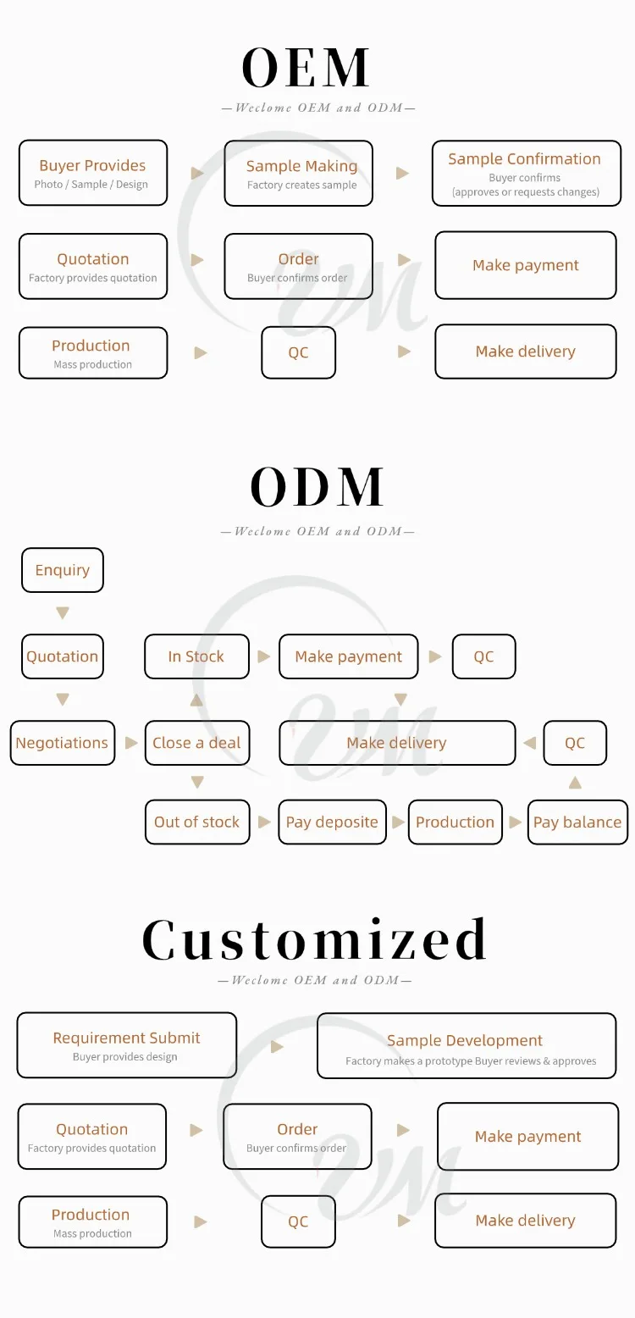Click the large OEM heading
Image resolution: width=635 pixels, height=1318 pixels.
[306, 68]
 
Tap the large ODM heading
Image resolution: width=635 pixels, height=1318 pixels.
[317, 487]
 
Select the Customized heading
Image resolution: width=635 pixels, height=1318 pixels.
[315, 939]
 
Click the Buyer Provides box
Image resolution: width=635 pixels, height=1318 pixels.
[93, 173]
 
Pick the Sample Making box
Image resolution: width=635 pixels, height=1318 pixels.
[298, 174]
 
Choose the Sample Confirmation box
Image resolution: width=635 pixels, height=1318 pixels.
[526, 174]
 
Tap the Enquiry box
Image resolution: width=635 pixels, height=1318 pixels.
[62, 570]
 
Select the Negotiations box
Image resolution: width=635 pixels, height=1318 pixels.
[62, 743]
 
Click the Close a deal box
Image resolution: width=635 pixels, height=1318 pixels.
[196, 743]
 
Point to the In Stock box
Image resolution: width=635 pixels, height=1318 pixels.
[196, 656]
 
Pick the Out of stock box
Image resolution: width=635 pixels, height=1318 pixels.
[197, 822]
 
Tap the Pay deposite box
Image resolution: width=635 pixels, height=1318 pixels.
[332, 822]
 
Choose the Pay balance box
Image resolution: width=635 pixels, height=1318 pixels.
[577, 822]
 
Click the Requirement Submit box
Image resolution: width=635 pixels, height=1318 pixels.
[127, 1045]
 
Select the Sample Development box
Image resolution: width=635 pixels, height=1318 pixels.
[467, 1046]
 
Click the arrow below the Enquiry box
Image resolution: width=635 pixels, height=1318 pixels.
[62, 613]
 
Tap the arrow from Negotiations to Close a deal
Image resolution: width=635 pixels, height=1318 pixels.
[131, 743]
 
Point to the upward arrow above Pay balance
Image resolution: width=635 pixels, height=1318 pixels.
[575, 783]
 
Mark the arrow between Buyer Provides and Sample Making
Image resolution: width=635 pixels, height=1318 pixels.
[197, 174]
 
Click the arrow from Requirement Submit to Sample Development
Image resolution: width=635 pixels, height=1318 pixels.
[277, 1047]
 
